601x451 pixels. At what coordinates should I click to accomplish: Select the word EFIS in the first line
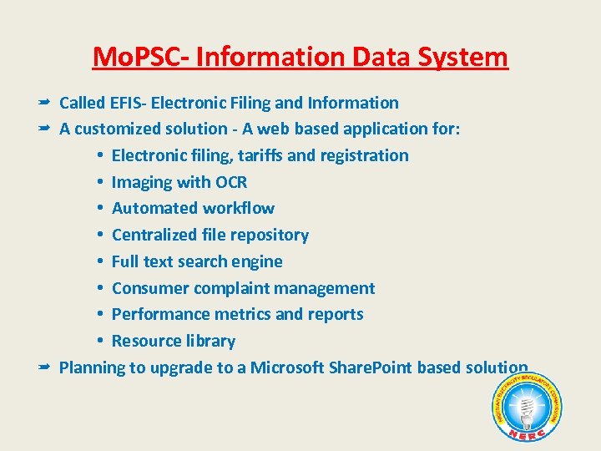click(x=128, y=103)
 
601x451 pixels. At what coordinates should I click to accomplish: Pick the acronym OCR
click(x=230, y=182)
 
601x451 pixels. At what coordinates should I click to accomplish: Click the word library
click(x=209, y=341)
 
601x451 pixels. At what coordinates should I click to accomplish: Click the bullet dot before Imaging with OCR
click(x=99, y=182)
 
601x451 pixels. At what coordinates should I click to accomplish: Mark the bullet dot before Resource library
click(x=99, y=341)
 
